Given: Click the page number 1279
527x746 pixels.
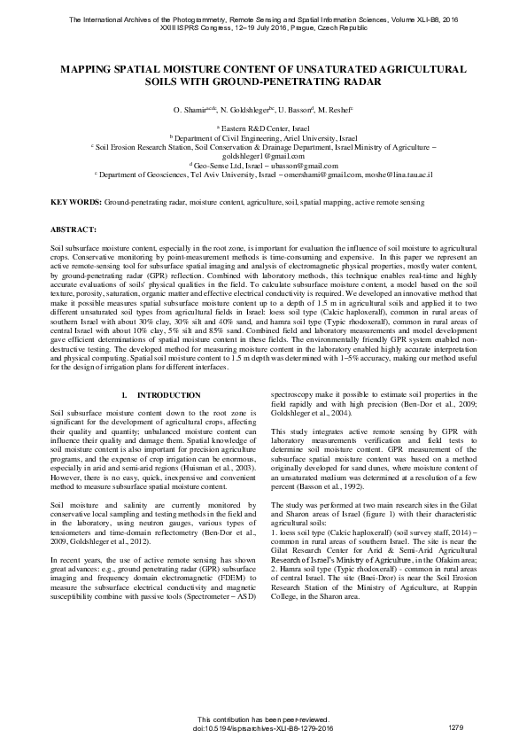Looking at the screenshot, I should [456, 727].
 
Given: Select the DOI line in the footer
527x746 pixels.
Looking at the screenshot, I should [263, 727].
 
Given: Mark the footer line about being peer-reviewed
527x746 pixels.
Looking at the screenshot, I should [263, 719].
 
